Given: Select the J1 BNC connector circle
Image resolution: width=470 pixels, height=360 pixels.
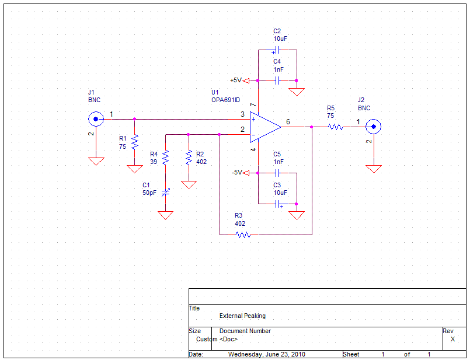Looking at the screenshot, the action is point(96,119).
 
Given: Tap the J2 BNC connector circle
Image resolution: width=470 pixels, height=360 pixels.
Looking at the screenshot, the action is point(374,127).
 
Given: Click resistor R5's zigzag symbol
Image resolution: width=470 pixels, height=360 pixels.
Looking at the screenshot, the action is point(335,127).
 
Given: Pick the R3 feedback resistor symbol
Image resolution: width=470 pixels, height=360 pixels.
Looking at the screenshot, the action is point(243,235).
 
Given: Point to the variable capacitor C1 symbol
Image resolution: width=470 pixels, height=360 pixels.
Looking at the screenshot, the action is point(165,193).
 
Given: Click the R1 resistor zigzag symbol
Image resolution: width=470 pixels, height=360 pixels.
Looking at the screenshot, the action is point(135,142).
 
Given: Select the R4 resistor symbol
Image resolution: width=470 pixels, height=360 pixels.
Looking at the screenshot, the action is point(165,158).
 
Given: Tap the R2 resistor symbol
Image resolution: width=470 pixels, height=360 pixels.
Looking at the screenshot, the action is point(189,158).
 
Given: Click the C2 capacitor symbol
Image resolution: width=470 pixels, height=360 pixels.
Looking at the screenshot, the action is point(277,50).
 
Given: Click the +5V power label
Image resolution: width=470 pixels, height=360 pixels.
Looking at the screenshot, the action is point(236,81).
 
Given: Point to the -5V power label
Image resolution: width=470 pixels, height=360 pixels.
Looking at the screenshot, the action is point(236,173).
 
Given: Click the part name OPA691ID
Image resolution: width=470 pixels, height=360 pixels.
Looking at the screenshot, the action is point(226,100).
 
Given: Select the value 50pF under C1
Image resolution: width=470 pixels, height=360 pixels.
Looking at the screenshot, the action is point(149,193).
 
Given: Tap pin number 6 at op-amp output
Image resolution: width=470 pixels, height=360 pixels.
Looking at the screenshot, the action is point(288,121).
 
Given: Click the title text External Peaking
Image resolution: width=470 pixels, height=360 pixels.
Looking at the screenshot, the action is point(242,316).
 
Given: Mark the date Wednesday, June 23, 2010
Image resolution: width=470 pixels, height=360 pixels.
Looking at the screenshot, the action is point(267,354).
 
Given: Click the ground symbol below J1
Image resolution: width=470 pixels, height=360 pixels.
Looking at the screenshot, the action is point(96,162).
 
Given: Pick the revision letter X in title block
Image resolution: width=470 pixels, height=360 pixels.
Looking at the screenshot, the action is point(452,339).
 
